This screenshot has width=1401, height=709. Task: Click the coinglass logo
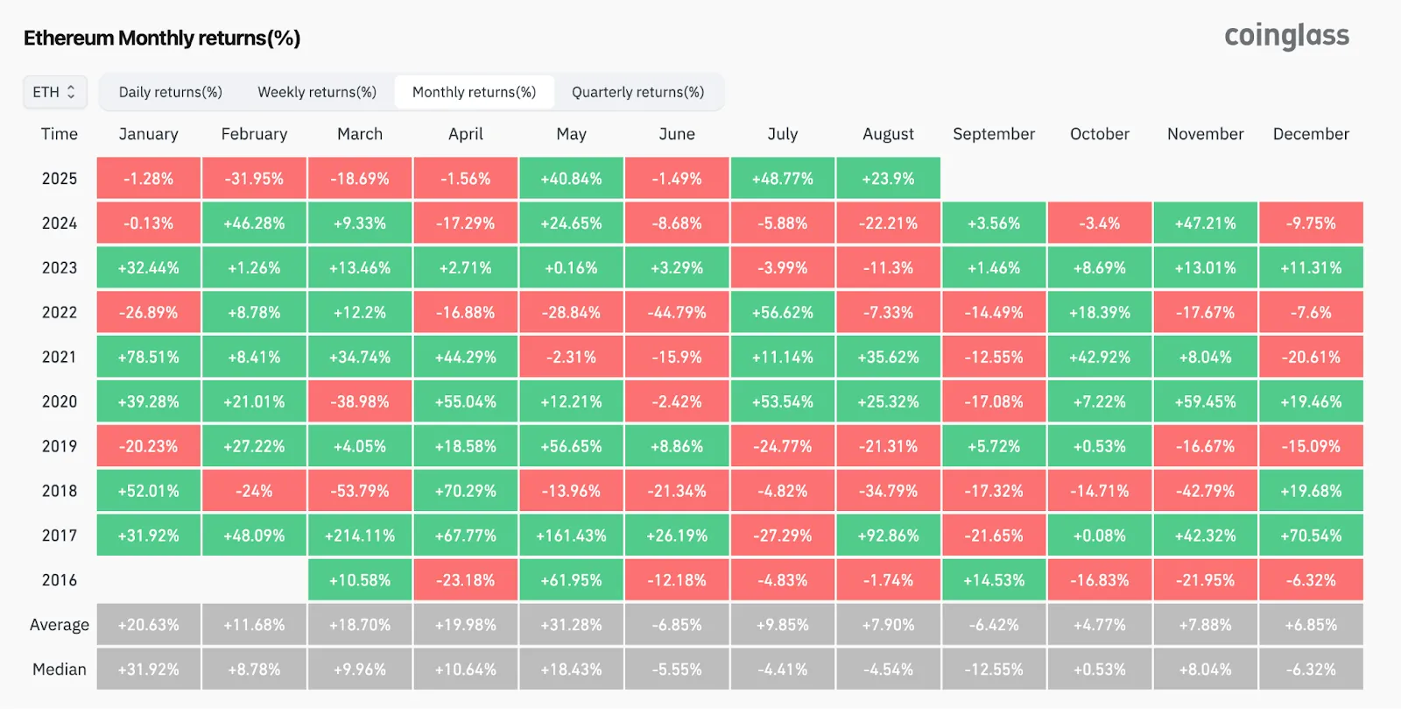click(1286, 36)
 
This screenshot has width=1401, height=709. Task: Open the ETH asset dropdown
click(54, 92)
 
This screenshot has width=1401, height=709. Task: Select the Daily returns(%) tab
click(171, 92)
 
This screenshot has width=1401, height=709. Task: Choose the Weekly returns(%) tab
click(317, 92)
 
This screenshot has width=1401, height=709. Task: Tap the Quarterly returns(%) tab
click(637, 92)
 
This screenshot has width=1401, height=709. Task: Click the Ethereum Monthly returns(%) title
click(162, 38)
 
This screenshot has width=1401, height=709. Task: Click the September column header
click(994, 134)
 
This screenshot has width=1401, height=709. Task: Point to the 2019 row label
click(60, 446)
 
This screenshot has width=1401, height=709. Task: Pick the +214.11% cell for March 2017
click(360, 535)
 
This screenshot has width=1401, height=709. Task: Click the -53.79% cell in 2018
click(360, 491)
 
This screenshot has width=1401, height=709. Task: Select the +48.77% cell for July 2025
click(783, 179)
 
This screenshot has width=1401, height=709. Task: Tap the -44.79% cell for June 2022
click(677, 313)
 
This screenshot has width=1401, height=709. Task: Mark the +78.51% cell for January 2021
click(149, 358)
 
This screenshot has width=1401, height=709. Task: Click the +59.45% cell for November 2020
click(1206, 402)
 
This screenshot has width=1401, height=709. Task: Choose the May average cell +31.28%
click(571, 625)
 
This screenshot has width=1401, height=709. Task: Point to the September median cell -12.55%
click(994, 670)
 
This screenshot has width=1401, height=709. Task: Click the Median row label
click(60, 670)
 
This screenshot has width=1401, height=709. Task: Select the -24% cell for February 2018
click(254, 491)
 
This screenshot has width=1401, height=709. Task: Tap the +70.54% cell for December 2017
click(1311, 535)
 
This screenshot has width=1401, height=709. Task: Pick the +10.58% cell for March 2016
click(360, 580)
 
